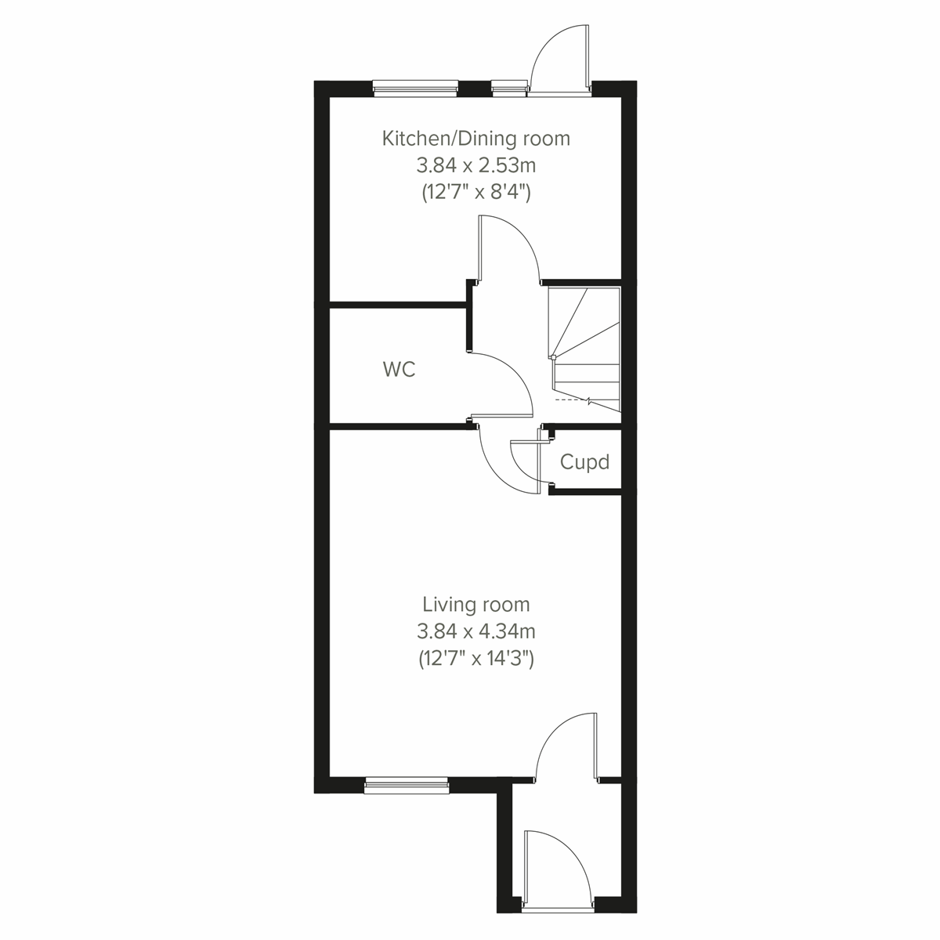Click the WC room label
click(399, 370)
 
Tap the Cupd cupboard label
click(584, 462)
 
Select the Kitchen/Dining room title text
click(475, 139)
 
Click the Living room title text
click(475, 605)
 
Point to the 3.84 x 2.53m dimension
click(475, 165)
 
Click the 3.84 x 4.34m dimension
click(475, 631)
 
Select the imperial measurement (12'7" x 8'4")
click(475, 192)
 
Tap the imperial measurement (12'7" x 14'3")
click(475, 659)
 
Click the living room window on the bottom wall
click(406, 783)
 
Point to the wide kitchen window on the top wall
click(414, 88)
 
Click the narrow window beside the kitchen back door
click(509, 88)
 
